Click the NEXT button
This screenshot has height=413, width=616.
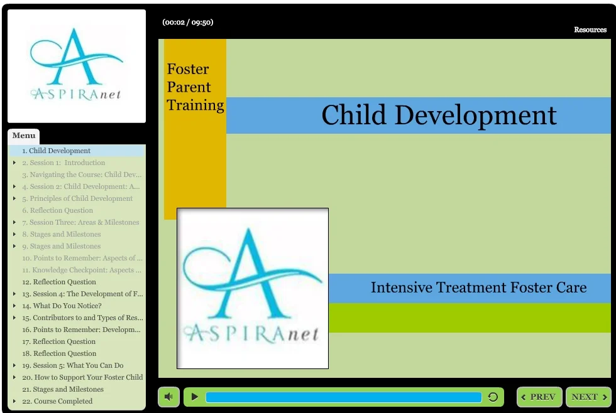(588, 397)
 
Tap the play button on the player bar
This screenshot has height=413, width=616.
(195, 397)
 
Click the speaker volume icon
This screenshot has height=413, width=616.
(168, 397)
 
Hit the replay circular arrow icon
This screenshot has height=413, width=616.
(493, 397)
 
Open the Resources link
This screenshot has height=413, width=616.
(590, 29)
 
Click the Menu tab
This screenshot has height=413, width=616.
(24, 136)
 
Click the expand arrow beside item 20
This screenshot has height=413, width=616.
(14, 377)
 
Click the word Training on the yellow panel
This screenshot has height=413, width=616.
(195, 105)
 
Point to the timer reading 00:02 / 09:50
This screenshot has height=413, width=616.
(187, 22)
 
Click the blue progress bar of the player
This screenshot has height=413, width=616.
(343, 397)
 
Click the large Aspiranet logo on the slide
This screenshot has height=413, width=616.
(252, 288)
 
